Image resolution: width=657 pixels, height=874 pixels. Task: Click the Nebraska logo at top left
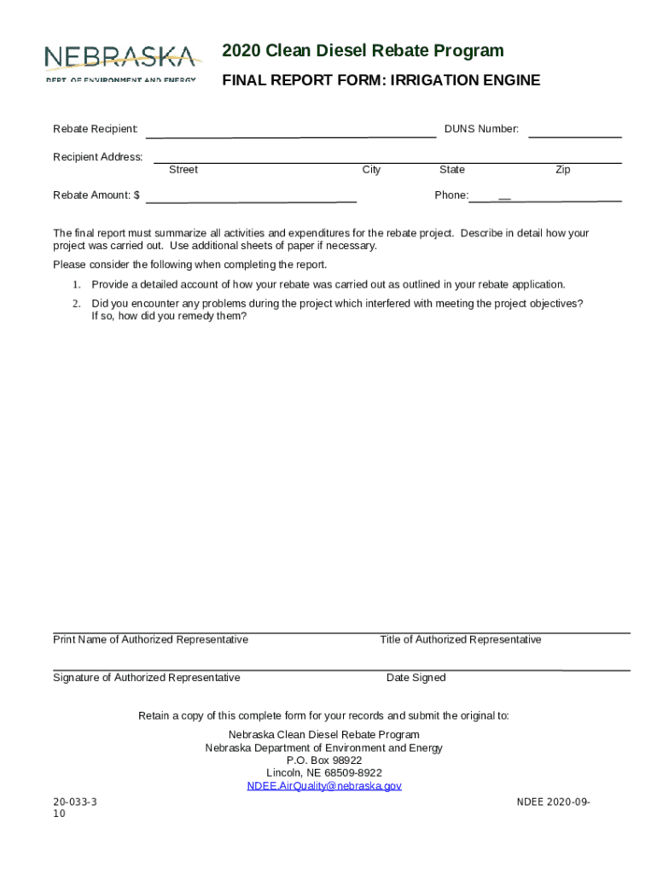coord(122,62)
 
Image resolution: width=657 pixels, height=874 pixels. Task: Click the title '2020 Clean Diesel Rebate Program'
coord(363,51)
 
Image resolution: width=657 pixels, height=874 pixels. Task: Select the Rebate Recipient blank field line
coord(291,135)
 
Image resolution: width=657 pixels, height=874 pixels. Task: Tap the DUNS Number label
coord(481,129)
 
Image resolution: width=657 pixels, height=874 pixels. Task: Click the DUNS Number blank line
coord(575,136)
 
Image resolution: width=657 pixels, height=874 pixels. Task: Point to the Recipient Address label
coord(98,157)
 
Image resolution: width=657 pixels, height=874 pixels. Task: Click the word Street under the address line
coord(183,170)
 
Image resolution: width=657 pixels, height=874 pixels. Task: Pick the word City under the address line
coord(371,170)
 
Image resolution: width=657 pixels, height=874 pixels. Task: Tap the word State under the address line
coord(451,170)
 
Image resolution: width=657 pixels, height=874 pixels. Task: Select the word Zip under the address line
coord(562,170)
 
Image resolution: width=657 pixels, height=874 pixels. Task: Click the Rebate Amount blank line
coord(251,201)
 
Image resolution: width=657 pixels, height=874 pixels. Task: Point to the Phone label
coord(451,195)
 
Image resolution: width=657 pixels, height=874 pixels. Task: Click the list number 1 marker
coord(76,284)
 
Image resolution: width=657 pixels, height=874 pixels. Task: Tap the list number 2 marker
coord(76,304)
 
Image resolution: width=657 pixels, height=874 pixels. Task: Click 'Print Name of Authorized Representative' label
coord(150,639)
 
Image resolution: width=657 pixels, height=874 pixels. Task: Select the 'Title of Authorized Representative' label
coord(460,639)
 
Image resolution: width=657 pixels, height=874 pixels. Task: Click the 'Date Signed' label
coord(416,678)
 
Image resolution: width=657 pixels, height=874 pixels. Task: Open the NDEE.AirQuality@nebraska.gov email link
coord(324,785)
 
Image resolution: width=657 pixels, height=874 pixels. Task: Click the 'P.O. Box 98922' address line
coord(324,760)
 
